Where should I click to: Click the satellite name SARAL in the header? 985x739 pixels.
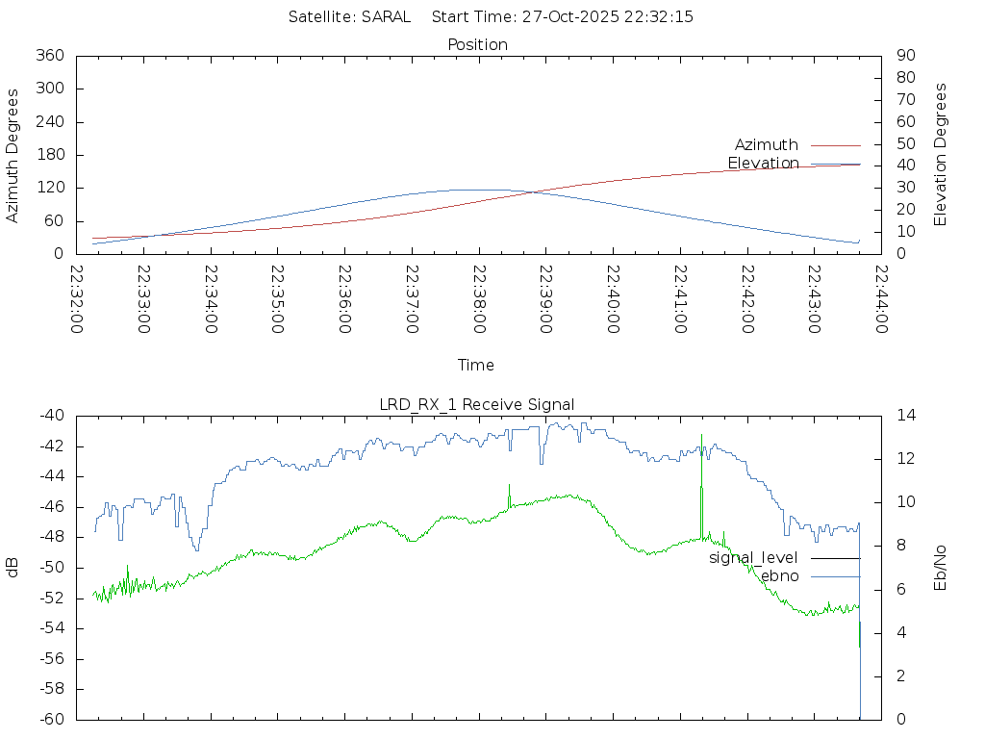(x=386, y=16)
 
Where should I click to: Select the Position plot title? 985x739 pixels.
(x=478, y=44)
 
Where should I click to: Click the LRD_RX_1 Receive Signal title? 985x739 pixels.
(x=477, y=404)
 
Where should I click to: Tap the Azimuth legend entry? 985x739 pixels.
(x=767, y=145)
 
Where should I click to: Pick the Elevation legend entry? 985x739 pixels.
(x=763, y=164)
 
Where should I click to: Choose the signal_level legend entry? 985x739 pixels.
(x=753, y=558)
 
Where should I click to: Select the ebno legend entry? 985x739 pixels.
(x=779, y=576)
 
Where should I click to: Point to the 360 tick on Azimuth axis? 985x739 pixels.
(x=49, y=56)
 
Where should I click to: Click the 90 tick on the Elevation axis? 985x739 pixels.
(x=904, y=56)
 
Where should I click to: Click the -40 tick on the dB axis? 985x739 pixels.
(x=50, y=416)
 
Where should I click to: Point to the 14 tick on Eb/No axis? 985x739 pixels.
(x=906, y=416)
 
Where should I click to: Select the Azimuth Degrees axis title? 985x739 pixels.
(x=13, y=155)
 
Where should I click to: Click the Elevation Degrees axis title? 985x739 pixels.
(x=941, y=155)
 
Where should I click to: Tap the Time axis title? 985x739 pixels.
(x=476, y=366)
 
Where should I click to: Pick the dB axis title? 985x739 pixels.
(x=13, y=567)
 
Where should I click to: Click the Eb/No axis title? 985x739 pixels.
(x=941, y=567)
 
